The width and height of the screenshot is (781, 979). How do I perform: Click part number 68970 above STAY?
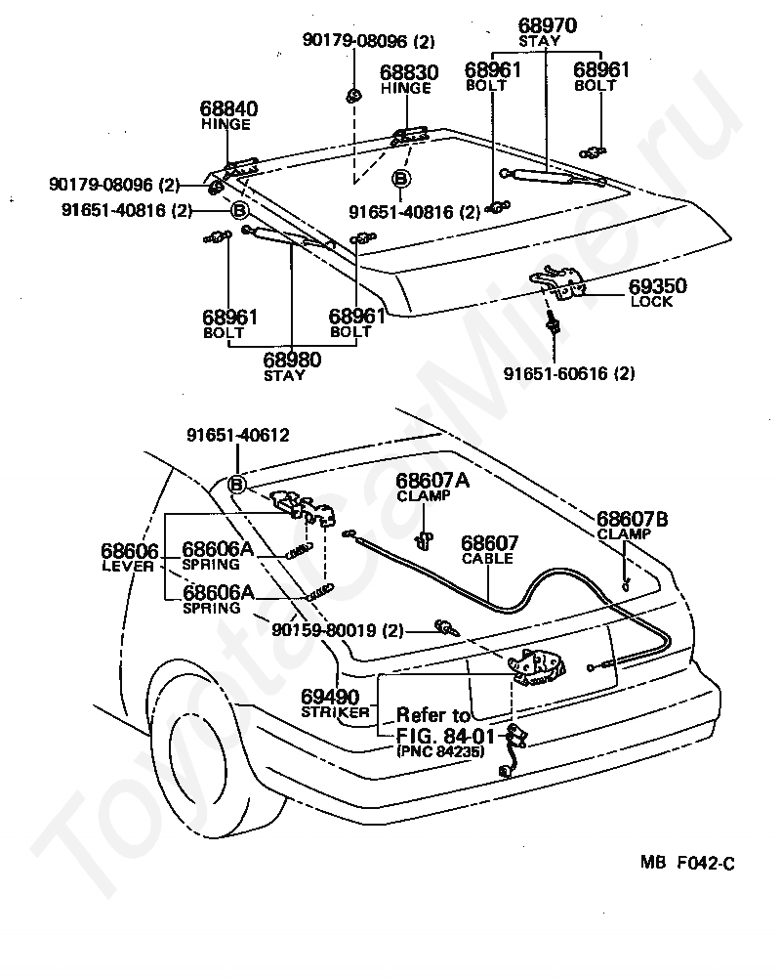(547, 25)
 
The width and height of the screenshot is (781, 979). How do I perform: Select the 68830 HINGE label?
(409, 79)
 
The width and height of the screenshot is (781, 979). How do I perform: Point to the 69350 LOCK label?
(657, 293)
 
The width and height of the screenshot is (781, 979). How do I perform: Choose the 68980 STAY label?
(291, 366)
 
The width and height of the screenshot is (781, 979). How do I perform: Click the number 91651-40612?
(237, 435)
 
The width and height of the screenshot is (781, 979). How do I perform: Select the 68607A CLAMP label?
(432, 487)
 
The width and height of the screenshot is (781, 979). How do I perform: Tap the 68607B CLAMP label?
(632, 526)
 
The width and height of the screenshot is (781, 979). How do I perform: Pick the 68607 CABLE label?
(489, 550)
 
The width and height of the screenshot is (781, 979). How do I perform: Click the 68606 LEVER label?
(129, 558)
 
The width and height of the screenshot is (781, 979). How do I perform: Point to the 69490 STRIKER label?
(334, 703)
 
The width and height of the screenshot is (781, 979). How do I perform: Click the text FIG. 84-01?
(445, 735)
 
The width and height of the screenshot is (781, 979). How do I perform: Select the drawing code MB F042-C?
(687, 863)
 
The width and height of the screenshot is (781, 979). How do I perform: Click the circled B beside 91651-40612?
(237, 484)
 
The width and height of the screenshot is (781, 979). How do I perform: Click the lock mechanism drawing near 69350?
(558, 284)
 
